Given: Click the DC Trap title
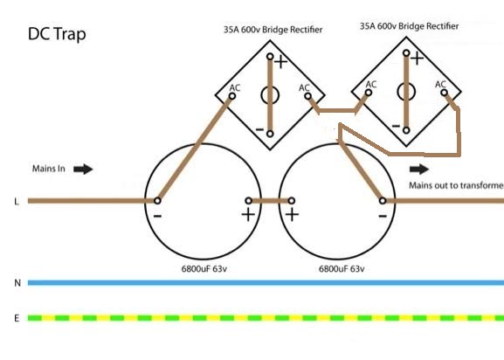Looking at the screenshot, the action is pyautogui.click(x=57, y=34).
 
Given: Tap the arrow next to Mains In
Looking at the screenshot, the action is pyautogui.click(x=83, y=169).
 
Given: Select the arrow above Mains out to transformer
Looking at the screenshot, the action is pyautogui.click(x=419, y=169).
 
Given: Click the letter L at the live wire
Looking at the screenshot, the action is pyautogui.click(x=17, y=202).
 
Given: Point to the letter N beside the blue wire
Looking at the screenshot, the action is pyautogui.click(x=17, y=283).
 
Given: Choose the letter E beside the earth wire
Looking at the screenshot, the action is pyautogui.click(x=17, y=318).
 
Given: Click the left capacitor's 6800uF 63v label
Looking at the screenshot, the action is pyautogui.click(x=204, y=269).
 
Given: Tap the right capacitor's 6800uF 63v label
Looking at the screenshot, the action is pyautogui.click(x=342, y=269).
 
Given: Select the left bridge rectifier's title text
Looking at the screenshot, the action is pyautogui.click(x=273, y=30).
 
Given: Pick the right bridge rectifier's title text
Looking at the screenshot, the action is pyautogui.click(x=409, y=26).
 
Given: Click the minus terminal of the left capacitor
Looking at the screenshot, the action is pyautogui.click(x=157, y=201).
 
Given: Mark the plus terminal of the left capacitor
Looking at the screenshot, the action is pyautogui.click(x=248, y=201).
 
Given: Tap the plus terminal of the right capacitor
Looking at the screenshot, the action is pyautogui.click(x=291, y=201).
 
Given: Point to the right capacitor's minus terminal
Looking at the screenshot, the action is pyautogui.click(x=383, y=201).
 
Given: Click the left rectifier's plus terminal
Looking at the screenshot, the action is pyautogui.click(x=270, y=57).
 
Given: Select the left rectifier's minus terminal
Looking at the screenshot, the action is pyautogui.click(x=270, y=134).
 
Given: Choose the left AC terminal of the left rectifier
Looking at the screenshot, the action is pyautogui.click(x=232, y=96).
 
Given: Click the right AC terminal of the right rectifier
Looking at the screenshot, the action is pyautogui.click(x=445, y=93).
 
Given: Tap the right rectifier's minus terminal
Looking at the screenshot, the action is pyautogui.click(x=406, y=130).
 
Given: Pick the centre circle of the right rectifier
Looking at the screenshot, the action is pyautogui.click(x=397, y=93).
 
